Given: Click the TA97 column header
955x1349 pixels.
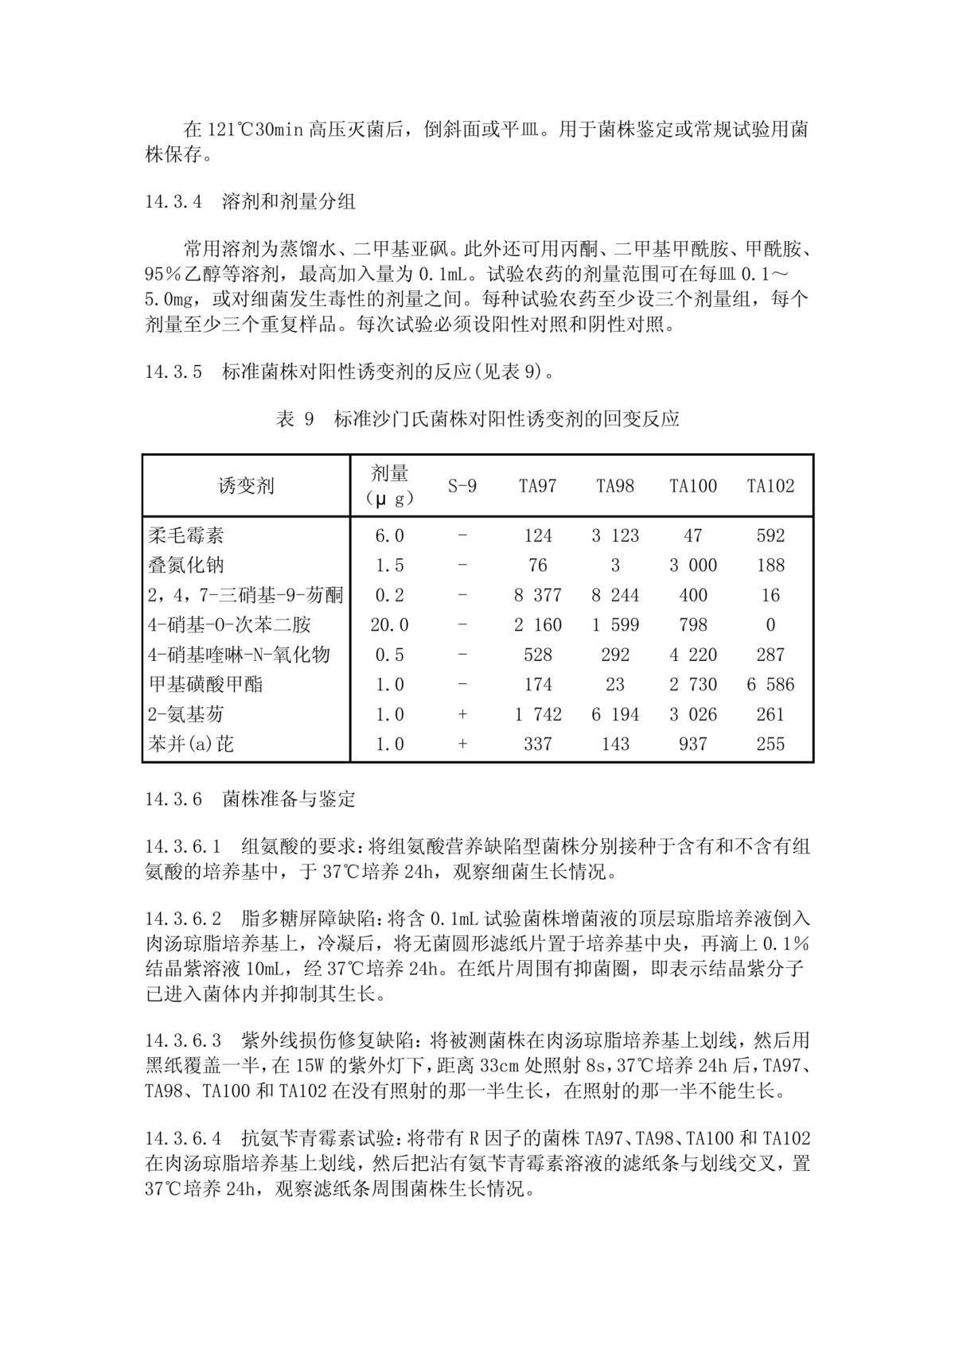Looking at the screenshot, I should pos(537,486).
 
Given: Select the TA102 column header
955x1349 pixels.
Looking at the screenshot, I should pos(770,486).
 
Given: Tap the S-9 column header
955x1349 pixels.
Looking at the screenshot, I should pos(462,486).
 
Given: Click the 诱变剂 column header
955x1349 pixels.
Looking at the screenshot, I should pos(246,486).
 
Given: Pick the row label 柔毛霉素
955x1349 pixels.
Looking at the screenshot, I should pos(185,535).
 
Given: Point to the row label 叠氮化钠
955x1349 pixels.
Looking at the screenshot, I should pos(185,566).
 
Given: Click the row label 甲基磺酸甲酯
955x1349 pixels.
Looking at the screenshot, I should pos(205,684).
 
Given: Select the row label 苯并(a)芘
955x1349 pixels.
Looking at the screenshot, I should pos(191,744).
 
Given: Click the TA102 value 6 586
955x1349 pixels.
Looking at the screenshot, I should pos(770,684).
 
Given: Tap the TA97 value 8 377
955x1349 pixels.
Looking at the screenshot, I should pos(537,595).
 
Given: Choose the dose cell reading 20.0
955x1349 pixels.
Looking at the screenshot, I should pos(389,625).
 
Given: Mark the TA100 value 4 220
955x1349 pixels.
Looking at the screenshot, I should pos(692,655).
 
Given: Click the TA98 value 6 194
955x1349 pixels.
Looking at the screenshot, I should pos(614,714).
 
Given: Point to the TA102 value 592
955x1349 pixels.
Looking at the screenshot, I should pos(770,535).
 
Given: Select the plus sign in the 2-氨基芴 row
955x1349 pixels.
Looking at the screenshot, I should pos(462,714).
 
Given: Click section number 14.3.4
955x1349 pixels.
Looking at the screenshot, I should pos(173,202).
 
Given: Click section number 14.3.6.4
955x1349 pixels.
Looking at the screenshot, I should pos(184,1139).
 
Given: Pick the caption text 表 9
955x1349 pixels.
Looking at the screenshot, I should pos(295,419).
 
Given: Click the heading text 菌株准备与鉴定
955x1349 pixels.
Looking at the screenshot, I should pos(289,799).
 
